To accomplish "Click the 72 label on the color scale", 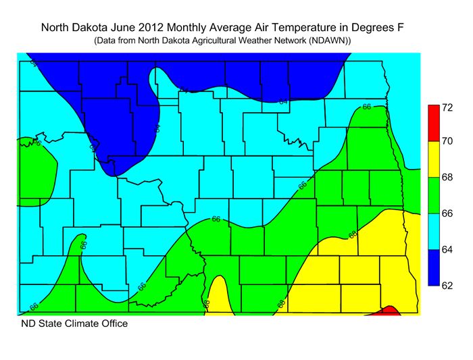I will (x=447, y=107).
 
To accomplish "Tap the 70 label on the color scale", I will (x=447, y=142).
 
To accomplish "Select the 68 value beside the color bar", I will (x=447, y=178).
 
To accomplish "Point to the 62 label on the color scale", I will (x=447, y=286).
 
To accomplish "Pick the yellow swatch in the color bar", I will (x=432, y=159).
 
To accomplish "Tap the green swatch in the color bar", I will (x=432, y=195).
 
